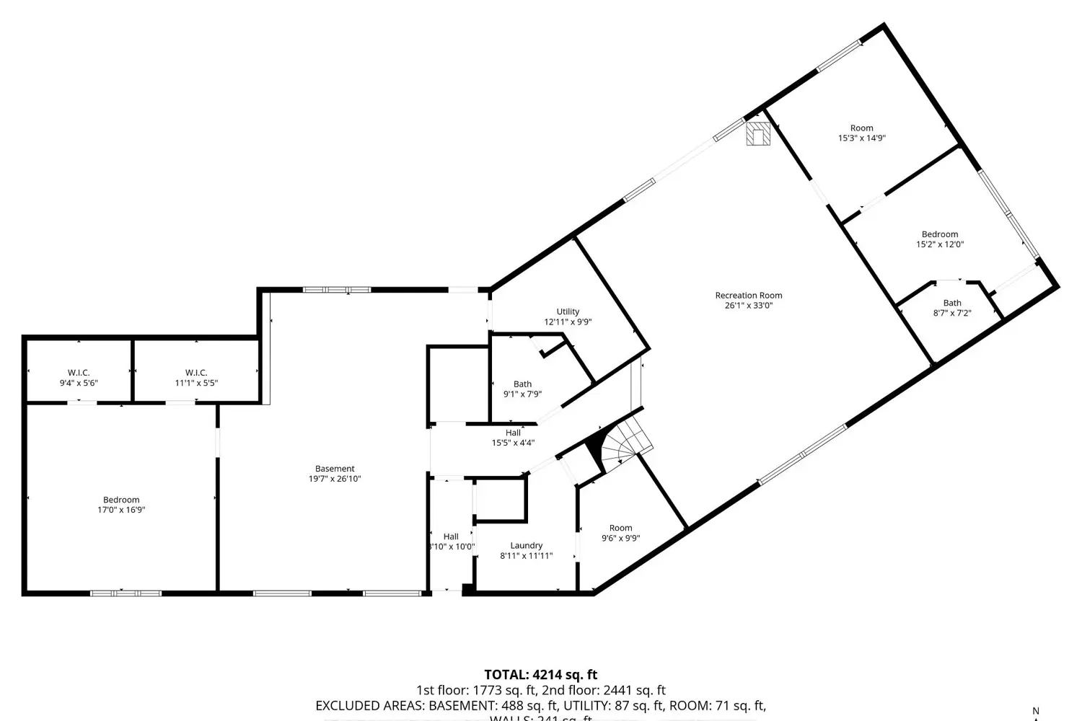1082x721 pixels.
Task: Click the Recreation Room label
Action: coord(748,295)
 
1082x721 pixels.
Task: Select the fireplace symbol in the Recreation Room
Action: coord(757,133)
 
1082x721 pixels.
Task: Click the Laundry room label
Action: coord(526,546)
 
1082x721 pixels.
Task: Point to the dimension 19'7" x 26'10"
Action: coord(335,479)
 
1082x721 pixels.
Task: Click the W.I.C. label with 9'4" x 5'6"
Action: coord(79,373)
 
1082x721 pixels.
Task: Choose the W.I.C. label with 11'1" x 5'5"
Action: coord(195,373)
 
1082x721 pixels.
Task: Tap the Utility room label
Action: coord(568,311)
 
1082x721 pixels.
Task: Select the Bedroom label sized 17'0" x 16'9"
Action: coord(121,500)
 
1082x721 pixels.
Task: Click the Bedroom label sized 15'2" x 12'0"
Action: coord(939,234)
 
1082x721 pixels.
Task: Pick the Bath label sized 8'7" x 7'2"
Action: coord(952,303)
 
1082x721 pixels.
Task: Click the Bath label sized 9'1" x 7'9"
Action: coord(522,384)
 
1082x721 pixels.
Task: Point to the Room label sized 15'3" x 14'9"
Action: coord(861,128)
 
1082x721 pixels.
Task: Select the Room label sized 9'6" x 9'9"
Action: coord(620,528)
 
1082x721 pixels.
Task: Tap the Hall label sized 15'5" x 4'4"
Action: coord(513,433)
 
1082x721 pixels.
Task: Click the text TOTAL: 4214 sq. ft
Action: coord(540,675)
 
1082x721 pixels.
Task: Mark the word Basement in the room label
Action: coord(335,469)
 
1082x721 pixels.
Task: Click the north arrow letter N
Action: coord(1036,711)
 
